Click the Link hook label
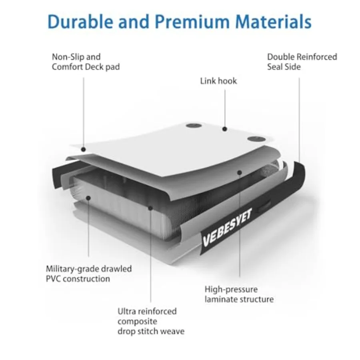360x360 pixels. pyautogui.click(x=218, y=81)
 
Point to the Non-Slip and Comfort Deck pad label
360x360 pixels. pyautogui.click(x=86, y=62)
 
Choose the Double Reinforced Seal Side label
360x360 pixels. pyautogui.click(x=302, y=62)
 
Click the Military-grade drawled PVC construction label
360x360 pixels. pyautogui.click(x=89, y=274)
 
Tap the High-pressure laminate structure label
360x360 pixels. pyautogui.click(x=239, y=294)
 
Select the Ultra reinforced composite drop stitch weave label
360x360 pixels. pyautogui.click(x=151, y=321)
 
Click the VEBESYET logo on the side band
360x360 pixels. pyautogui.click(x=227, y=227)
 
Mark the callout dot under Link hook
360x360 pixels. pyautogui.click(x=225, y=129)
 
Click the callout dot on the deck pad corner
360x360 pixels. pyautogui.click(x=83, y=150)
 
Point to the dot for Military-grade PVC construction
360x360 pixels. pyautogui.click(x=88, y=198)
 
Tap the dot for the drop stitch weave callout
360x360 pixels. pyautogui.click(x=151, y=208)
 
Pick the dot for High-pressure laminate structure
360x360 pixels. pyautogui.click(x=240, y=172)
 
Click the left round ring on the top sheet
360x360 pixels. pyautogui.click(x=194, y=126)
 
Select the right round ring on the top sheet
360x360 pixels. pyautogui.click(x=256, y=139)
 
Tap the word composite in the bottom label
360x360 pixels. pyautogui.click(x=137, y=322)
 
